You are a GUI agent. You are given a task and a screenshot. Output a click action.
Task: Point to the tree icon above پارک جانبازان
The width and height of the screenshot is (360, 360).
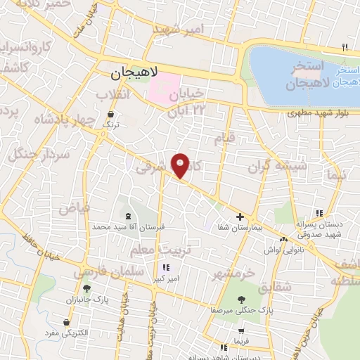[86, 288]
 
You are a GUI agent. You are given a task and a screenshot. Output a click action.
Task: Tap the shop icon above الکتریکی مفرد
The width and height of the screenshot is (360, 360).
[67, 323]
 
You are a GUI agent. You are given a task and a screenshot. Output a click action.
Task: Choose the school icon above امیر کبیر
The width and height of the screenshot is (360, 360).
[165, 267]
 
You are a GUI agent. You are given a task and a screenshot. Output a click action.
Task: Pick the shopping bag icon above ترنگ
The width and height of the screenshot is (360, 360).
[110, 115]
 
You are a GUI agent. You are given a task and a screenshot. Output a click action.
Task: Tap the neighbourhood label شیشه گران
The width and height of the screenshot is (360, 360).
[278, 167]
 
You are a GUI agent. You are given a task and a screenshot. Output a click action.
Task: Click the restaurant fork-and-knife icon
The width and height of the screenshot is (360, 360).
[345, 48]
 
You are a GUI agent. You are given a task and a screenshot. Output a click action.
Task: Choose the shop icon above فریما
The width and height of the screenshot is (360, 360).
[243, 331]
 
